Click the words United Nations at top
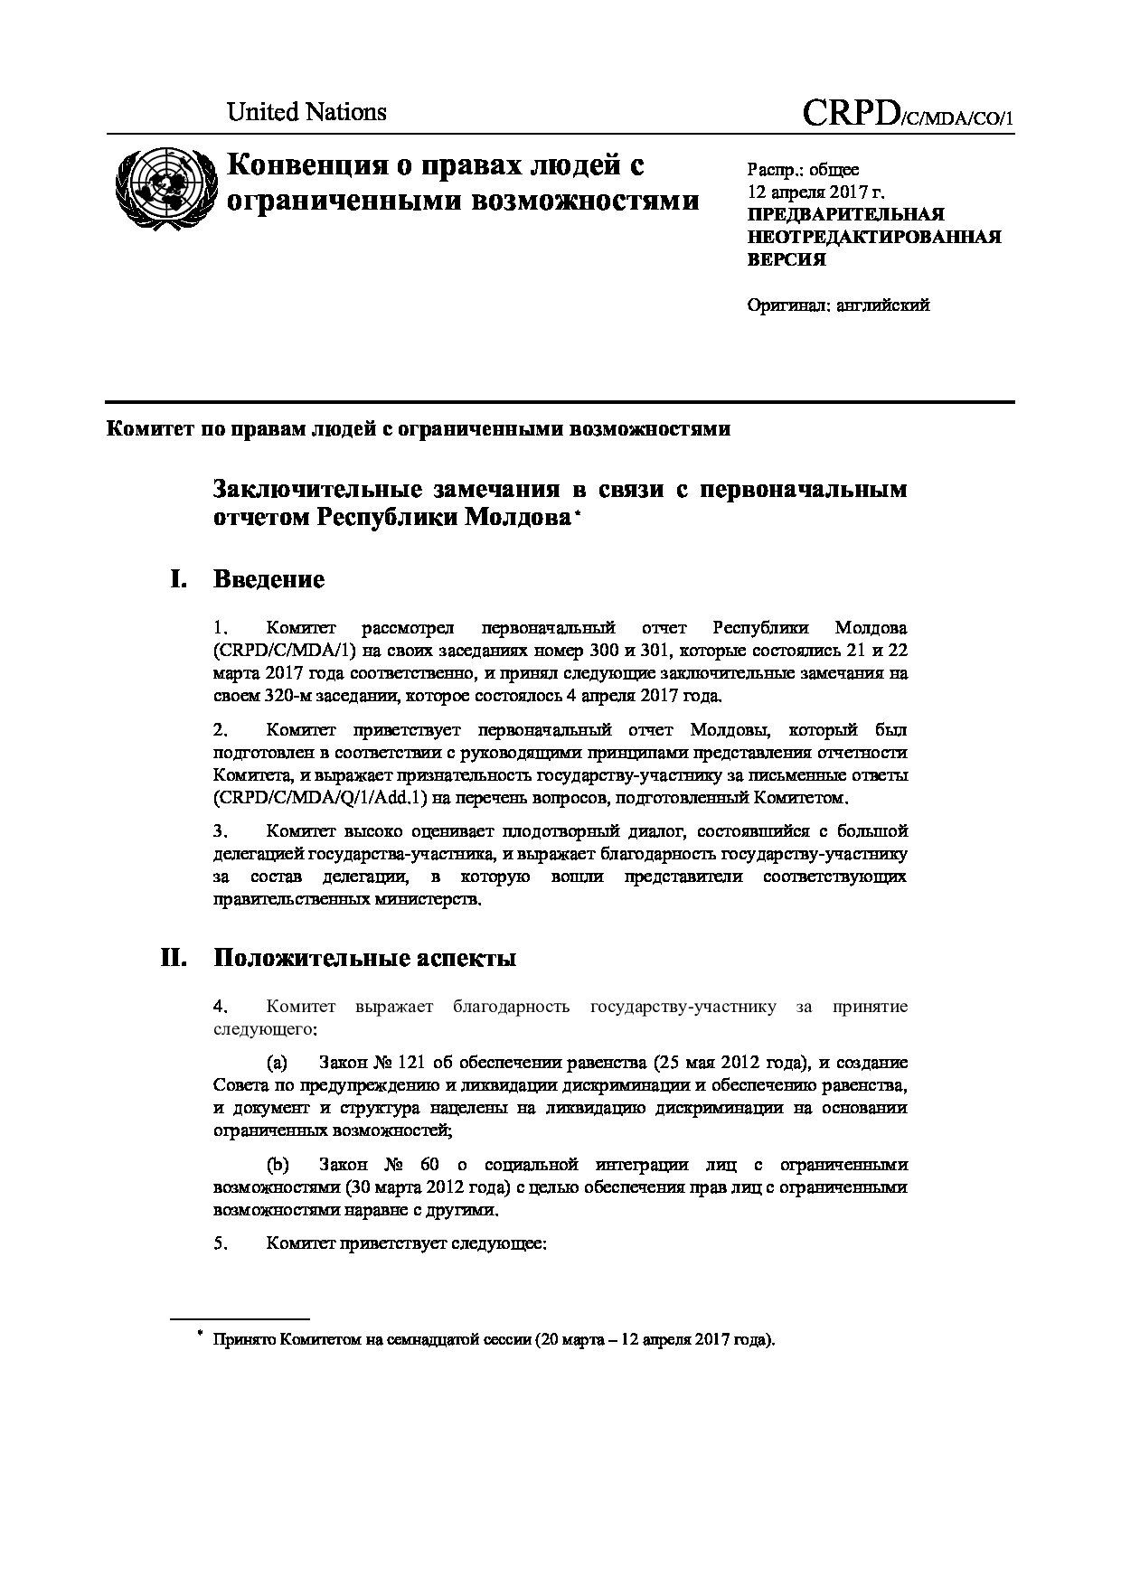(306, 112)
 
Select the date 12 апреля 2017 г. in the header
(815, 192)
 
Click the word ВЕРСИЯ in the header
(786, 259)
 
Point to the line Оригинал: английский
(838, 305)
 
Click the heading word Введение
(268, 579)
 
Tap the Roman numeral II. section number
(174, 958)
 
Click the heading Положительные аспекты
(364, 958)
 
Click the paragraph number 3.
(219, 830)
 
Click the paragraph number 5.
(219, 1243)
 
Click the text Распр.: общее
(803, 170)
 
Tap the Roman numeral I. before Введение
(178, 579)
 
